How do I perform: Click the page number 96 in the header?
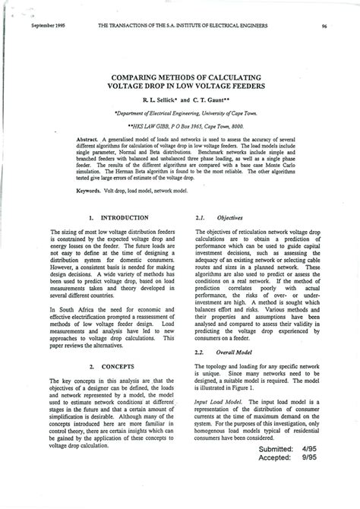point(324,26)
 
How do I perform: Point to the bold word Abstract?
point(88,141)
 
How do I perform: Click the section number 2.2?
point(201,353)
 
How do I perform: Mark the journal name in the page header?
point(184,26)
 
